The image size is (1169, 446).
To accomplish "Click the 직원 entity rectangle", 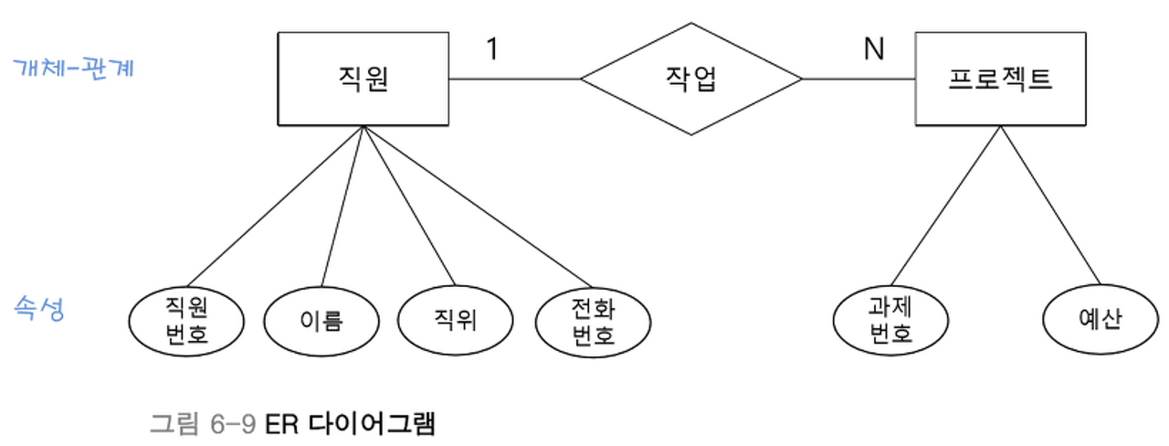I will coord(363,79).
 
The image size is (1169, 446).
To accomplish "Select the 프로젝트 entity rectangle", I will coord(999,79).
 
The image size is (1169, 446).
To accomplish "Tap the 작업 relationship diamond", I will coord(691,80).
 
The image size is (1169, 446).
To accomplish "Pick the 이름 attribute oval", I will coord(321,321).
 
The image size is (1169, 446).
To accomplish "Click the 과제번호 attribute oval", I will coord(890,321).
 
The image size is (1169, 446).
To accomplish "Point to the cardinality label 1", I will coord(492,49).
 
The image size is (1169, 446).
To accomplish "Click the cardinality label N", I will coord(874,49).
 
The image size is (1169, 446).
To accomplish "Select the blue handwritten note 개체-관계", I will coord(73,68).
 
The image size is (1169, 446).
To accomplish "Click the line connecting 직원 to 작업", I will coord(515,80).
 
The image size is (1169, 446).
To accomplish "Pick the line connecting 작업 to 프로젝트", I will coord(858,80).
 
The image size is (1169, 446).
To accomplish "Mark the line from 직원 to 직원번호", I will coord(274,206).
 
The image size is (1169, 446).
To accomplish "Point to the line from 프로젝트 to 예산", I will coord(1050,206).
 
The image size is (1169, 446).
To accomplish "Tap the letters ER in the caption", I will coord(282,423).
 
